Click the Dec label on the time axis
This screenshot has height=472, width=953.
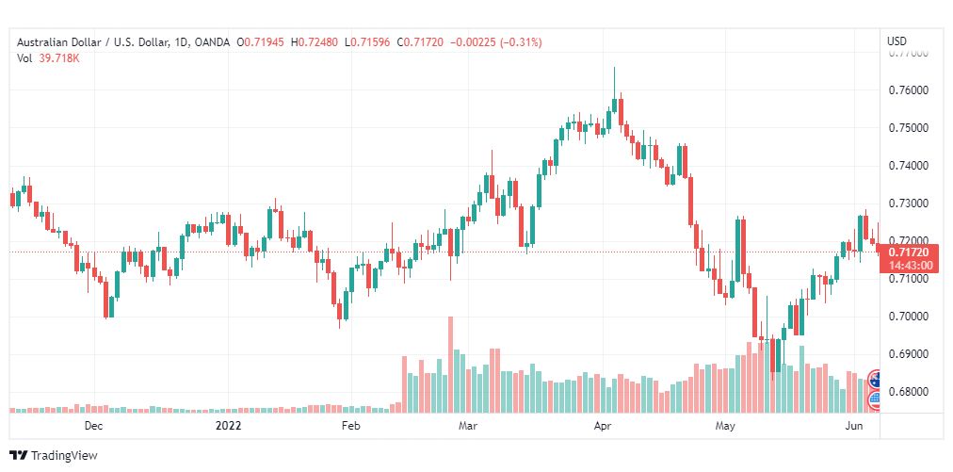[x=92, y=426]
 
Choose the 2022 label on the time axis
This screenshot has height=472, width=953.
[x=229, y=426]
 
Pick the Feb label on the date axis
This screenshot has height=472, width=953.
[x=350, y=426]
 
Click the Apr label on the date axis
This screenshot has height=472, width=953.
[x=604, y=426]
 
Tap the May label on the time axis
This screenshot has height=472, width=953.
[x=724, y=426]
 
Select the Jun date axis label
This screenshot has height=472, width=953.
[x=852, y=426]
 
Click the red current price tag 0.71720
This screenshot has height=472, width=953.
[x=909, y=253]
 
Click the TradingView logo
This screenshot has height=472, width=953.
[x=54, y=455]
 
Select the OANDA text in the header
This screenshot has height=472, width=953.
[x=211, y=41]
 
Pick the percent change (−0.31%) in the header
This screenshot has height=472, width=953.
[x=515, y=41]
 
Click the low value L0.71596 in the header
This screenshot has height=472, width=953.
[x=368, y=41]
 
